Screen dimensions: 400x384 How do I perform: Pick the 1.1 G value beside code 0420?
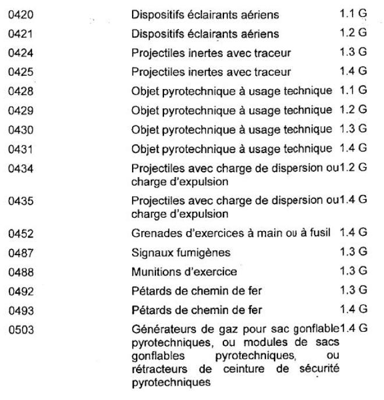(353, 13)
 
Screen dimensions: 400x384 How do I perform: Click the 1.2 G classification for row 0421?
(353, 33)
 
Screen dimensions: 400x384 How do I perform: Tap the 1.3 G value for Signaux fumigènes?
(353, 253)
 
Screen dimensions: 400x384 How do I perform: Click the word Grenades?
(153, 235)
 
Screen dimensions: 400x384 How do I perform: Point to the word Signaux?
(150, 253)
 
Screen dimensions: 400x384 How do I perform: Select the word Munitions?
(154, 272)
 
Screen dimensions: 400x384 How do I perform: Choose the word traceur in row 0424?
(275, 53)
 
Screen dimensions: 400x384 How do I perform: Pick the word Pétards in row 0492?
(148, 291)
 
